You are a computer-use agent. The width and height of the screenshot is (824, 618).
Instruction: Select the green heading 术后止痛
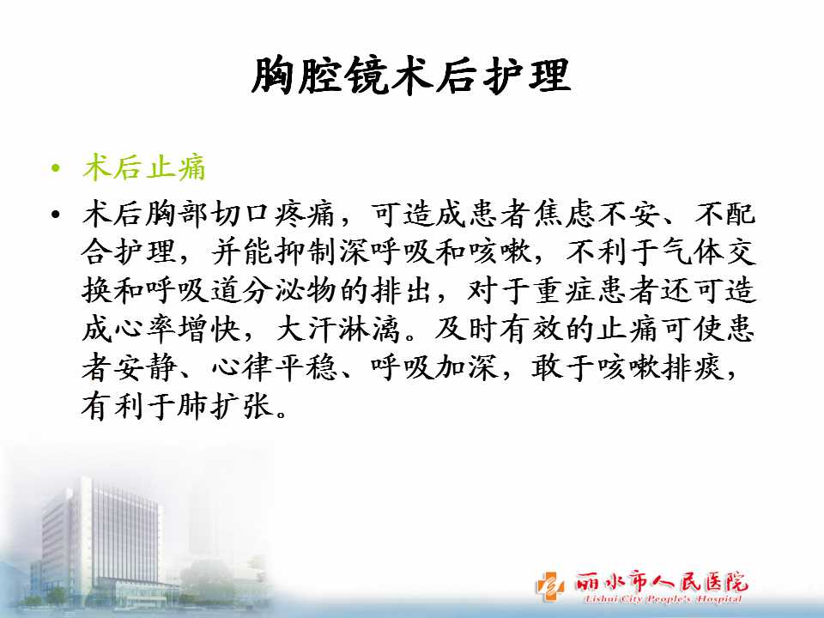point(144,167)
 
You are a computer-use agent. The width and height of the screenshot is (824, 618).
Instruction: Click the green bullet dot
point(56,169)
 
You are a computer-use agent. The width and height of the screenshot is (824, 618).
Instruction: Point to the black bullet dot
point(56,215)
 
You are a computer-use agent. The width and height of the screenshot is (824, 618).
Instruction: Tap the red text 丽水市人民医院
point(661,582)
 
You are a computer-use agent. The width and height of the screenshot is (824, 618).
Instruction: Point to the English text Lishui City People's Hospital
point(663,599)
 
